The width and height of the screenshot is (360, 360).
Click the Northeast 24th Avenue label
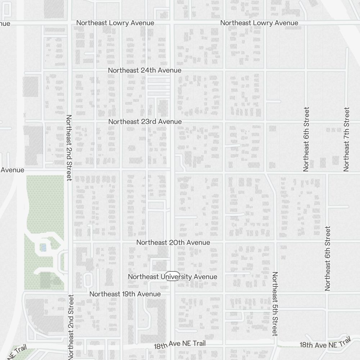coord(145,71)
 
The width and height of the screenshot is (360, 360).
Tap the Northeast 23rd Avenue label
coord(145,122)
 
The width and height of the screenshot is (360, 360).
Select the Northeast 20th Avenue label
coord(173,243)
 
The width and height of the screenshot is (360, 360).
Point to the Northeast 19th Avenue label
coord(125,294)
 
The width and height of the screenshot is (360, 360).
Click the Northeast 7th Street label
coord(347,139)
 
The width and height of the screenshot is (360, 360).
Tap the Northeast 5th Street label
coord(275,303)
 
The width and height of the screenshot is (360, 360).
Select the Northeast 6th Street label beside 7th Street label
coord(306,139)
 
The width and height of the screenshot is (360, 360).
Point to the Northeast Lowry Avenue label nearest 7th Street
coord(259,23)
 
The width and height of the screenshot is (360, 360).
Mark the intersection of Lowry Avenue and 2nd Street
coord(69,23)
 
